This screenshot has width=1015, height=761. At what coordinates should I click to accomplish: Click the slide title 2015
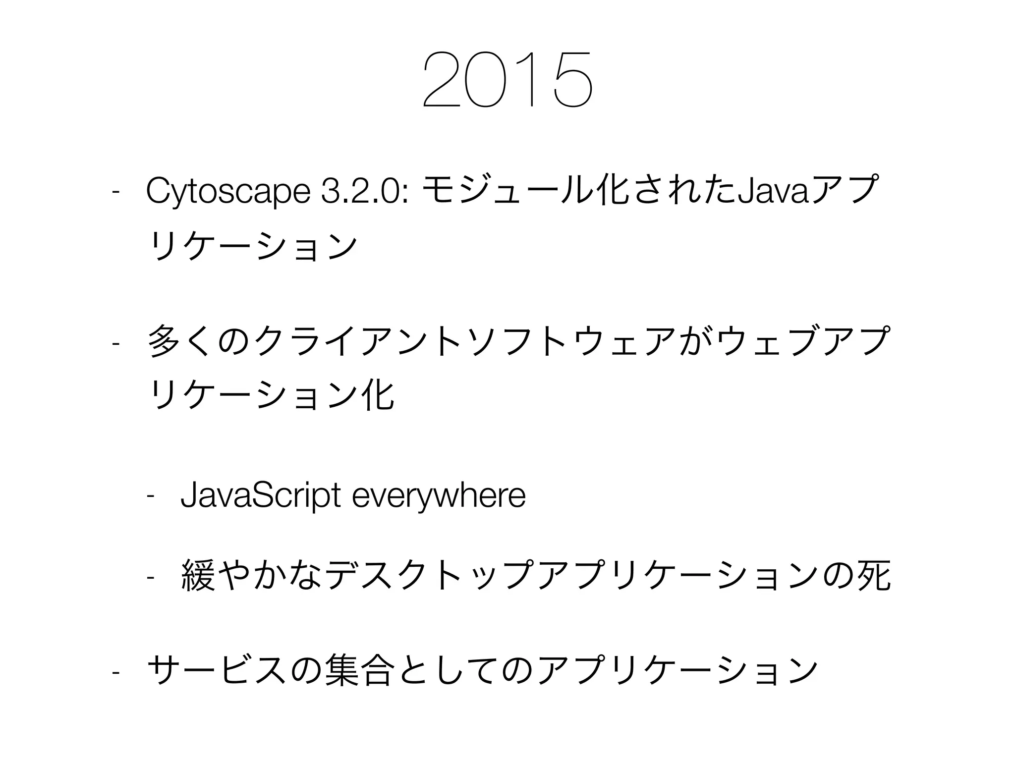tap(507, 79)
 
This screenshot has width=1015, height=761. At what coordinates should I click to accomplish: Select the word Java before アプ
tap(771, 191)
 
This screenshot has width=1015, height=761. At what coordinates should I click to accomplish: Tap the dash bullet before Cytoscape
tap(115, 191)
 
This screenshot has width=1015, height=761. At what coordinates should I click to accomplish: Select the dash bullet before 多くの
tap(115, 343)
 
